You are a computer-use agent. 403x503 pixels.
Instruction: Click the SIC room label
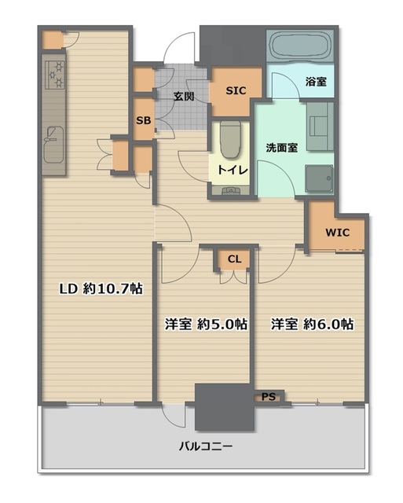[236, 91]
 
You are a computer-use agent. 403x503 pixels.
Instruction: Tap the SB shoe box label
[143, 120]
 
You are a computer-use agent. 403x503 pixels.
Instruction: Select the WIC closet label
[338, 233]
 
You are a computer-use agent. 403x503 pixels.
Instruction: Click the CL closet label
[234, 259]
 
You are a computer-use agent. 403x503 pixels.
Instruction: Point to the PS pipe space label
[269, 397]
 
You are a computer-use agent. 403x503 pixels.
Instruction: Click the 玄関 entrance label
[184, 96]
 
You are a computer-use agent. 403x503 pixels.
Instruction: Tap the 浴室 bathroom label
[316, 82]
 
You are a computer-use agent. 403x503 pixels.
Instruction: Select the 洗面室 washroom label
[282, 148]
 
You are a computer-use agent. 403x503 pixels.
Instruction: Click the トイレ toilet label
[233, 170]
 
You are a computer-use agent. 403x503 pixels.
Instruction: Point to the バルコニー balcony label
[206, 446]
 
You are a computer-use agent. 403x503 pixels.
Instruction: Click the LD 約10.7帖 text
[101, 289]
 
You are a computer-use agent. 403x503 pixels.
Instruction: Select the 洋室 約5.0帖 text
[206, 325]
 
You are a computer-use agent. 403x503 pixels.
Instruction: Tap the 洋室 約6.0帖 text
[313, 325]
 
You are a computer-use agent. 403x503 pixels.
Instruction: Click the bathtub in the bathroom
[299, 46]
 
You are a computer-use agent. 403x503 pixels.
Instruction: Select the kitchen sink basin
[53, 145]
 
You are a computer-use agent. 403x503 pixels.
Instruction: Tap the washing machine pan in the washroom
[319, 178]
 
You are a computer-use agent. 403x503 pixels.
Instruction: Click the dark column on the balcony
[225, 407]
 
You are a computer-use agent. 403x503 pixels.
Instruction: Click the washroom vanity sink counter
[320, 127]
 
